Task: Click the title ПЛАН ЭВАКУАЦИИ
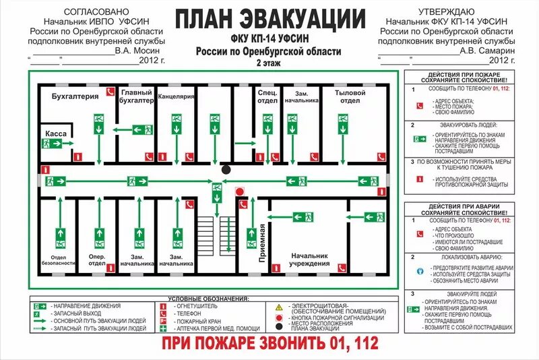(269, 18)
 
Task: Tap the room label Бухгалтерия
(75, 96)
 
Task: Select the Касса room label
(56, 134)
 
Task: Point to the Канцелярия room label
(177, 96)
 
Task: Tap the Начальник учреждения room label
(310, 260)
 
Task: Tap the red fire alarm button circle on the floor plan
(239, 191)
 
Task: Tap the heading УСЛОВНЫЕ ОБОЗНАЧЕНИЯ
(208, 298)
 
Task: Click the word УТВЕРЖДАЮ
(445, 12)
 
